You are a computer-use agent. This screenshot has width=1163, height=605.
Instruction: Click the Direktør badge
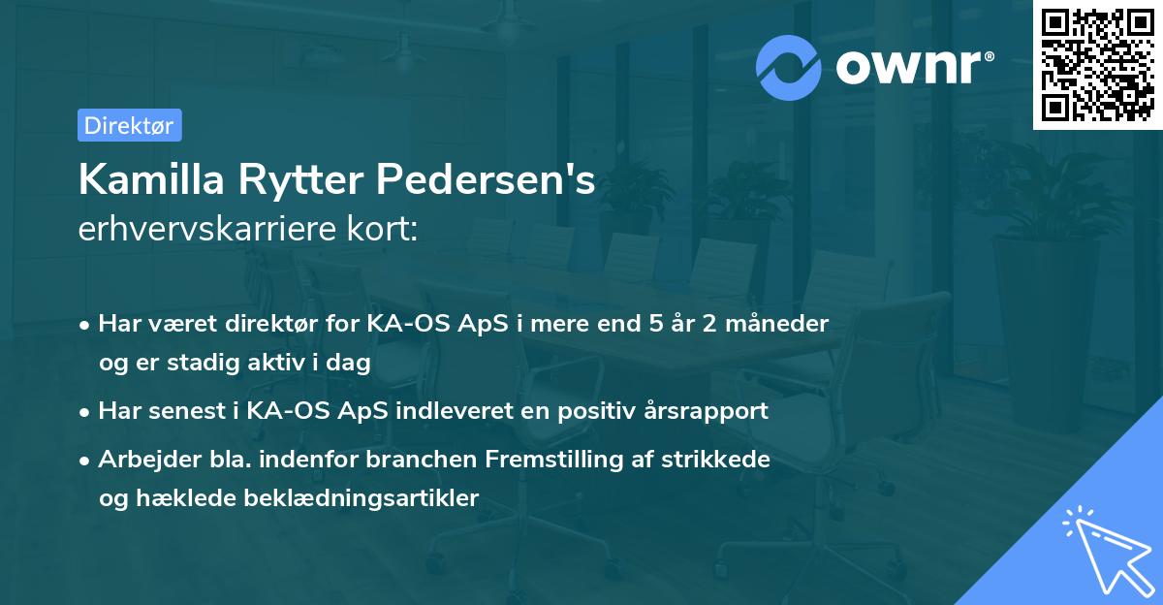(x=129, y=125)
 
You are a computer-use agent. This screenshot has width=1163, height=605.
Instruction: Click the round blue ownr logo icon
(x=789, y=67)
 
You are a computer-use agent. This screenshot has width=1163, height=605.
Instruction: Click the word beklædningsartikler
(x=361, y=498)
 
